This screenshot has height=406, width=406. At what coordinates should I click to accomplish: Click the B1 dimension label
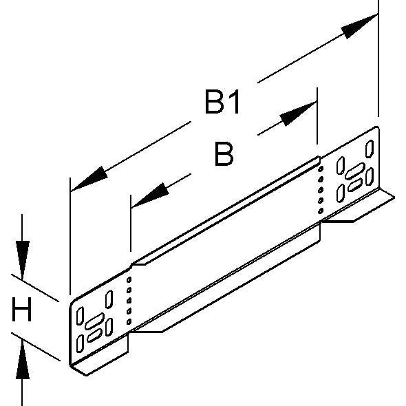tap(222, 102)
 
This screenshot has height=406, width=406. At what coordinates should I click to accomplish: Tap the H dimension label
tap(22, 309)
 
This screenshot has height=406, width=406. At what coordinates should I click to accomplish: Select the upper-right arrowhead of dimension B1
tap(359, 26)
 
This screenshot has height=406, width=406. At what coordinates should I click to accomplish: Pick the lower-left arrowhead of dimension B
tap(150, 195)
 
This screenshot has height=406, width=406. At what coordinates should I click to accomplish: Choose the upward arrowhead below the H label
tap(23, 359)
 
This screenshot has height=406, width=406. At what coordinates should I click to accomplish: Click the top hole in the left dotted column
tap(129, 279)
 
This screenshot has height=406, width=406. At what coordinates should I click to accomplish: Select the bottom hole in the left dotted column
tap(129, 322)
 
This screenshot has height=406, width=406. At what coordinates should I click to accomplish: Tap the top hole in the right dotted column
tap(321, 169)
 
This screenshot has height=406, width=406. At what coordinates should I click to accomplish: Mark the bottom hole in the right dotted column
tap(321, 211)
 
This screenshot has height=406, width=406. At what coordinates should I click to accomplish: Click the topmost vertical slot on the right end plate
tap(370, 149)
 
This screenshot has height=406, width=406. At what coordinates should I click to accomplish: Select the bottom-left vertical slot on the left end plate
tap(80, 343)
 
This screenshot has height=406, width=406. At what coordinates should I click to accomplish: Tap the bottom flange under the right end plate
tap(359, 206)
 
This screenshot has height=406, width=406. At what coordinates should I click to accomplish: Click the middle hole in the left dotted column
tap(129, 301)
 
